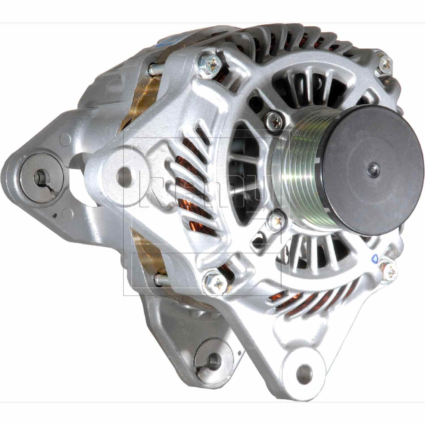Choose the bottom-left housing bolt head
[x=214, y=281]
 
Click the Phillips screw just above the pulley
[x=274, y=120]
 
